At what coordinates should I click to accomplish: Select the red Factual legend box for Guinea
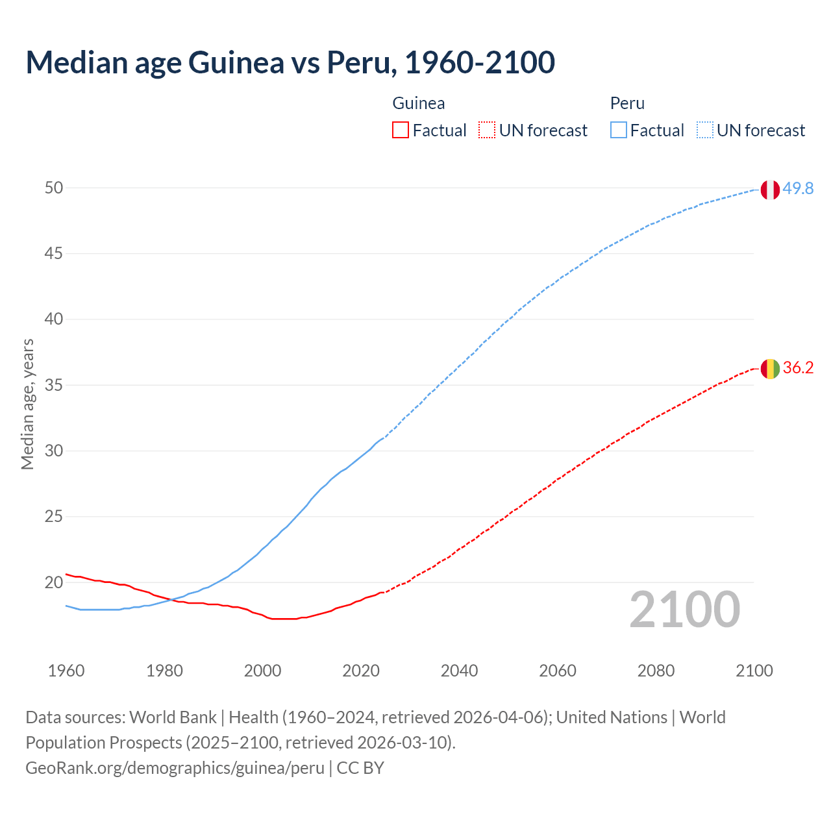401,130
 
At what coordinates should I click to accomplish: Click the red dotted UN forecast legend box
487,130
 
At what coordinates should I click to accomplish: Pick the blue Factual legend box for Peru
618,130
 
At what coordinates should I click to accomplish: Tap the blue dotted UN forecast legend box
704,130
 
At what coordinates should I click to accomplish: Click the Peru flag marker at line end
770,190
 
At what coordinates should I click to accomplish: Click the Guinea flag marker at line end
770,369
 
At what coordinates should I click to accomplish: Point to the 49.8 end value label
798,189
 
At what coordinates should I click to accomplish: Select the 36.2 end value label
798,368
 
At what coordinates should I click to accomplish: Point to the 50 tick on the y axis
54,188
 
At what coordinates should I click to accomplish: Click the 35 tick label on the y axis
54,386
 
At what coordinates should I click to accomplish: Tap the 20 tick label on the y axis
54,583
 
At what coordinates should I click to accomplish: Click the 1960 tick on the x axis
66,671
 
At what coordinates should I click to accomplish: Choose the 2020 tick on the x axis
361,671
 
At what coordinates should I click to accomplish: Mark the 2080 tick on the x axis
656,671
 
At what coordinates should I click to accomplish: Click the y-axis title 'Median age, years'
27,404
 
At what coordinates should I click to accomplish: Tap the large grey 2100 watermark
684,610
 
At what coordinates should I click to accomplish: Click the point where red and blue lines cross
171,599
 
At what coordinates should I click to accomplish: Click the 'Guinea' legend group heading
419,103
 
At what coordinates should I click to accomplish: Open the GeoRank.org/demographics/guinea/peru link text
175,768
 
